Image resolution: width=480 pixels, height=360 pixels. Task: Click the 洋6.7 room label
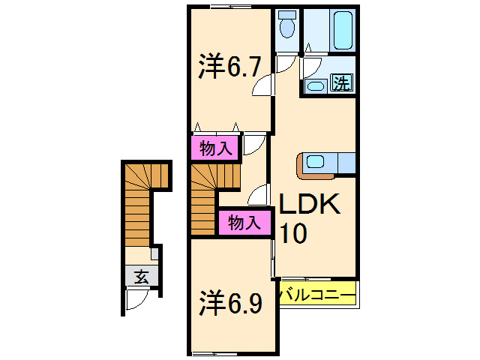click(229, 67)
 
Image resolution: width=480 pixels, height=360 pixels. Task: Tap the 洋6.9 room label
click(230, 304)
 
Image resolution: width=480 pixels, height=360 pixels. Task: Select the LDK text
click(310, 205)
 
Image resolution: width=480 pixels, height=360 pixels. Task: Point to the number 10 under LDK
click(293, 235)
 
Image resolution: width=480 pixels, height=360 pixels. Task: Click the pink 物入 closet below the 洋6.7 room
click(215, 148)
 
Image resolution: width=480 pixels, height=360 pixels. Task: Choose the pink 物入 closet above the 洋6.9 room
click(244, 222)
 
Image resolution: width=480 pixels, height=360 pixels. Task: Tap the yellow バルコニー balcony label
click(316, 295)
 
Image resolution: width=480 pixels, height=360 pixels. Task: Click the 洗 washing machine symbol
click(341, 82)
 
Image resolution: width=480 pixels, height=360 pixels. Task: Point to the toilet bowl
click(286, 27)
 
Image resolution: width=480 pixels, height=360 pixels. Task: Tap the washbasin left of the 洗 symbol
click(316, 85)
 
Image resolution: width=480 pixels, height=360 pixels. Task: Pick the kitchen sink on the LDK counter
click(314, 161)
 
